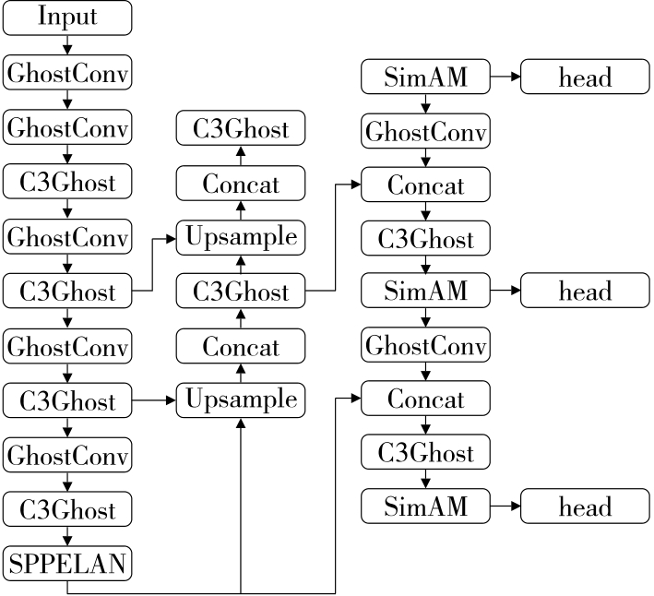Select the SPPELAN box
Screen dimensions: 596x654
tap(67, 562)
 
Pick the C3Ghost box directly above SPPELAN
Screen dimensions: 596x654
tap(67, 508)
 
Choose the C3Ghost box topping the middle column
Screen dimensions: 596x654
tap(240, 130)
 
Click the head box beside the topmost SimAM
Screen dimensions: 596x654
tap(585, 77)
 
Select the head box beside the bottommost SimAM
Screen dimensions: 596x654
tap(585, 507)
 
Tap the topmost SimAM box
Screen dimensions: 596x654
tap(424, 77)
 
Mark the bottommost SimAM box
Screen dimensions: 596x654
tap(424, 507)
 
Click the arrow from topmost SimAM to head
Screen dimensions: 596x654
tap(505, 77)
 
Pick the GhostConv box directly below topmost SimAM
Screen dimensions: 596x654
tap(424, 131)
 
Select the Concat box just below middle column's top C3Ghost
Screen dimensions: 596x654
tap(240, 184)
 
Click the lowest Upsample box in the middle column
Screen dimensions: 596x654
tap(240, 400)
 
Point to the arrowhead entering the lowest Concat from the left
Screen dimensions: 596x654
tap(354, 399)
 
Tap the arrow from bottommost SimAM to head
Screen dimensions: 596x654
tap(505, 507)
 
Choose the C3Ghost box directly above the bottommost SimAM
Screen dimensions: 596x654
tap(424, 453)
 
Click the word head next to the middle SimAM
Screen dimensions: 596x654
tap(585, 292)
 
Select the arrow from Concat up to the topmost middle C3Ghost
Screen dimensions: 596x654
tap(240, 156)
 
